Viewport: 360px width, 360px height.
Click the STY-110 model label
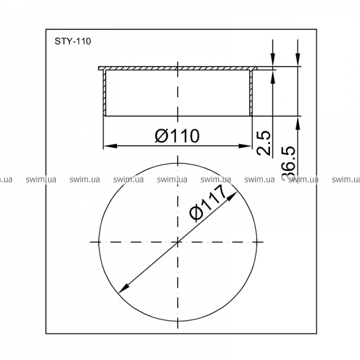tap(73, 41)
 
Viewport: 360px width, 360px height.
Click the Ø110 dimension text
tap(177, 136)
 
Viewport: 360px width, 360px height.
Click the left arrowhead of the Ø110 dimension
tap(110, 146)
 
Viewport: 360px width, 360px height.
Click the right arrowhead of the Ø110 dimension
tap(245, 146)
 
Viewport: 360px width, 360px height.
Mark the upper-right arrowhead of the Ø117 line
tap(232, 197)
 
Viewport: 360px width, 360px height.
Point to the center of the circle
tap(178, 242)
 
